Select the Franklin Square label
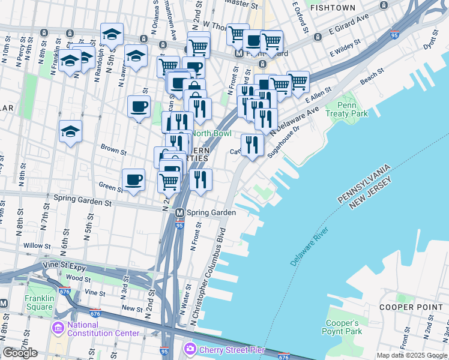coord(39,302)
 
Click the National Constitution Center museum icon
coord(58,328)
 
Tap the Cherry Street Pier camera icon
coord(190,348)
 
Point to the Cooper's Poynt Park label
coord(344,326)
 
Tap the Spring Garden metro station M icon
coord(179,212)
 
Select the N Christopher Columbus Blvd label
coord(208,273)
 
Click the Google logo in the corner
coord(20,353)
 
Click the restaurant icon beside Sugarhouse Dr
coord(252,145)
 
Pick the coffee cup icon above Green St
coord(133,179)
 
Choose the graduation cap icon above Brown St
coord(70,131)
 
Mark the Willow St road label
coord(37,246)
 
